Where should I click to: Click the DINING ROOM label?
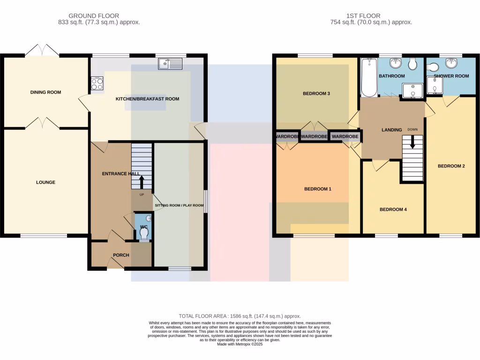pyautogui.click(x=45, y=92)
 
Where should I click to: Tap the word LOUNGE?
pyautogui.click(x=45, y=182)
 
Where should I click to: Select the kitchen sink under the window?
pyautogui.click(x=170, y=63)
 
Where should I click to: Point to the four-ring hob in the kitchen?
pyautogui.click(x=97, y=84)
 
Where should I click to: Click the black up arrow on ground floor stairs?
pyautogui.click(x=142, y=181)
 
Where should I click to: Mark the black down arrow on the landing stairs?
pyautogui.click(x=412, y=142)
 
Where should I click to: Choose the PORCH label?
pyautogui.click(x=121, y=255)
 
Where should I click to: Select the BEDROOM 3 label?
pyautogui.click(x=316, y=93)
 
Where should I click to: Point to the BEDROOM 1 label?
pyautogui.click(x=318, y=189)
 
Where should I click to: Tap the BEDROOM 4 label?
pyautogui.click(x=393, y=210)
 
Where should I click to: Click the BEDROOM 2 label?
pyautogui.click(x=451, y=166)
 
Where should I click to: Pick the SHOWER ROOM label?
pyautogui.click(x=451, y=76)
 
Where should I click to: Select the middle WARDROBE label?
pyautogui.click(x=314, y=136)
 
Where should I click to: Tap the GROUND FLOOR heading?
pyautogui.click(x=94, y=15)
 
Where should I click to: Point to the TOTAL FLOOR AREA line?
pyautogui.click(x=240, y=316)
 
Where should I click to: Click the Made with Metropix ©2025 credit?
pyautogui.click(x=240, y=344)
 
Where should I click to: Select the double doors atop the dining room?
pyautogui.click(x=42, y=51)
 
